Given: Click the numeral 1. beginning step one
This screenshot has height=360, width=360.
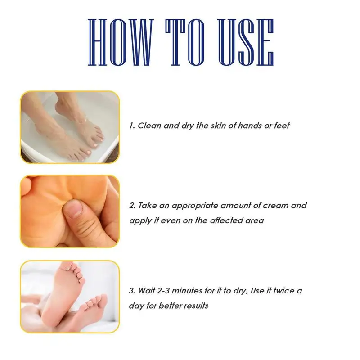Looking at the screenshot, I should pos(132,126).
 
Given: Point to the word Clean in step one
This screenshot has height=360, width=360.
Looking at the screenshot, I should pos(149,126).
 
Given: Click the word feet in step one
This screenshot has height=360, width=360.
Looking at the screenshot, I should pos(281,126).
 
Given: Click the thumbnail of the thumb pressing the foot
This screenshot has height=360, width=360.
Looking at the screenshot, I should pos(70,211).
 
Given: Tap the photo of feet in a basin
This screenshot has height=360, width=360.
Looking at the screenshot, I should pos(70,127).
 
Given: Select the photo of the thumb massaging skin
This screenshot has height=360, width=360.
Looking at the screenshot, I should pos(70,211).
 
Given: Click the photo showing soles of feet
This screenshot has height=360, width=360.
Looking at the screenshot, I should pos(70,297).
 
